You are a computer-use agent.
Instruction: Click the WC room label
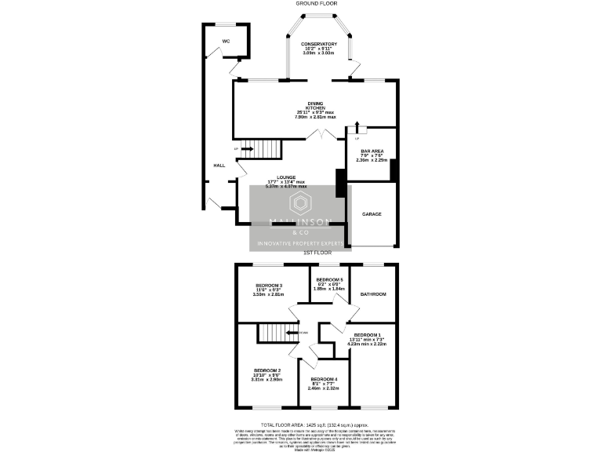(x=226, y=40)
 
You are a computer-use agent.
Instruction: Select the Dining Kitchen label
(x=315, y=104)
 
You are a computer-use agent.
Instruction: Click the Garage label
(x=372, y=213)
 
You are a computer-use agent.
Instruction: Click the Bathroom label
(x=372, y=294)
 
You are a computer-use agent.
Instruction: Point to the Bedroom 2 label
(x=267, y=370)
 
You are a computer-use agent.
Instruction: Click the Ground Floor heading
(x=316, y=4)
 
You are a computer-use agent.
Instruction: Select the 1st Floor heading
(x=317, y=253)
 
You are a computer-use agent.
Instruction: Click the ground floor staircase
(x=260, y=148)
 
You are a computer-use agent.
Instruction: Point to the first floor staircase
(x=276, y=333)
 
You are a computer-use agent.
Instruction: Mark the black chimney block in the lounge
(x=340, y=183)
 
